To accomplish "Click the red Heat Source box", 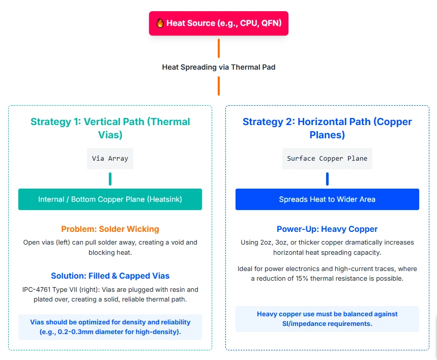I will [219, 23].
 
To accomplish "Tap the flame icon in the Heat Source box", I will [160, 23].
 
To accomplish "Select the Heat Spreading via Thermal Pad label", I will [219, 67].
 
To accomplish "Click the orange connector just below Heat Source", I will [219, 48].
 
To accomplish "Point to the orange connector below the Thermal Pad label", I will [219, 85].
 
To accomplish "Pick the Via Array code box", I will [110, 159].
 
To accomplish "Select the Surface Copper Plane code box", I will [327, 159].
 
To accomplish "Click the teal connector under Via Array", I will [110, 179].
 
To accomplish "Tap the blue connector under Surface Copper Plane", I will [327, 179].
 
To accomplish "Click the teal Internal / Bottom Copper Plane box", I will [110, 199].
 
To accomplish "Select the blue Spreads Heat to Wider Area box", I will [327, 199].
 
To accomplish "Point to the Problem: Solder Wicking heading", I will [110, 229].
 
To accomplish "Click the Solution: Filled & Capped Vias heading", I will [110, 276].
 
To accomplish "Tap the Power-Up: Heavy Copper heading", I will [327, 229].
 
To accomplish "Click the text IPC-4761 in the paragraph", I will [39, 289].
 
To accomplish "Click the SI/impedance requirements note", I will [327, 319].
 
